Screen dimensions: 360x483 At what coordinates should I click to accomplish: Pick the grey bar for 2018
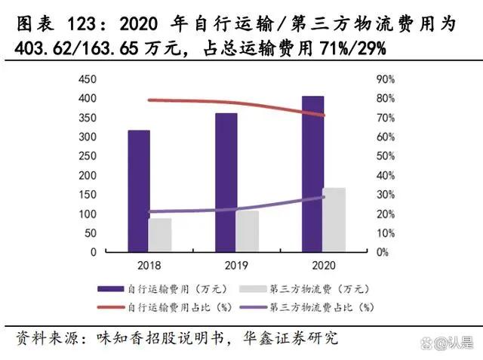coord(160,235)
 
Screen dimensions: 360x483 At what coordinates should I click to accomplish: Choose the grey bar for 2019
coord(247,231)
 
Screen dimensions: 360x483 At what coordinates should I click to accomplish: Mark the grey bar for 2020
coord(334,220)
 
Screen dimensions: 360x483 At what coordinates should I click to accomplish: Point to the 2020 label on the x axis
coord(323,266)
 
